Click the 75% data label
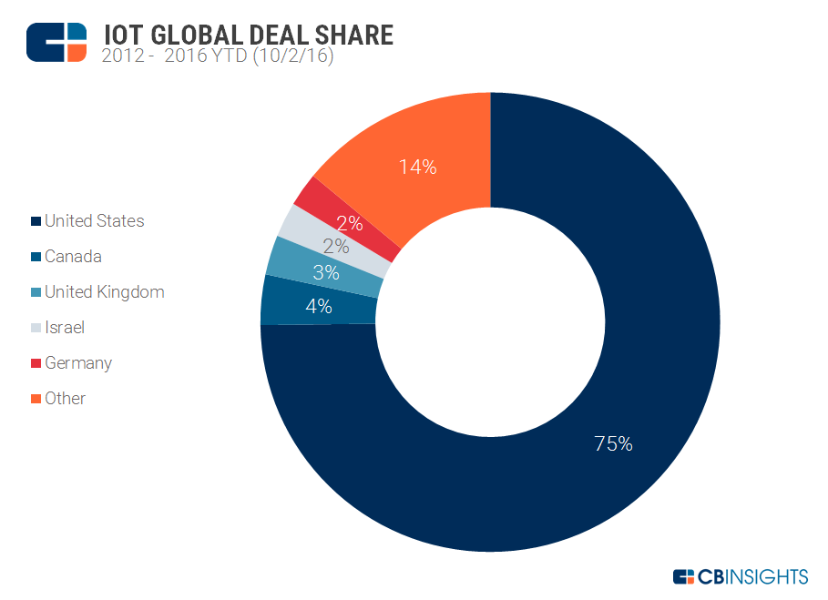pos(613,444)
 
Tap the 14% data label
pos(418,168)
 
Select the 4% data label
pos(319,307)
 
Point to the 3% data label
pos(326,272)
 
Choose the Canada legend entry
pos(73,257)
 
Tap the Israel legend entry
pos(64,328)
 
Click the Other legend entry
pos(65,399)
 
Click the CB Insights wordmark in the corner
pos(740,576)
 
